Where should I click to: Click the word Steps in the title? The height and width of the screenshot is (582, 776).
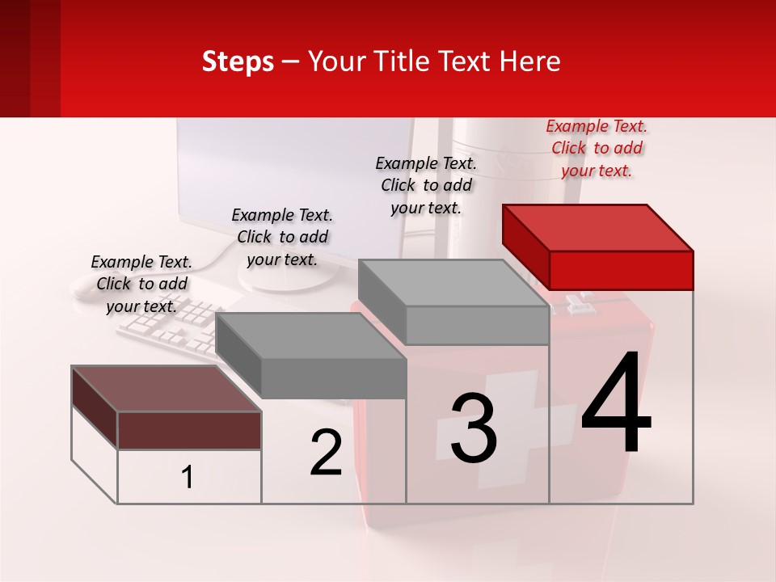pyautogui.click(x=238, y=61)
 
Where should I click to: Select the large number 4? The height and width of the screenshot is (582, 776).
pyautogui.click(x=616, y=404)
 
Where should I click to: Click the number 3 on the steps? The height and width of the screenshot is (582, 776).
pyautogui.click(x=474, y=428)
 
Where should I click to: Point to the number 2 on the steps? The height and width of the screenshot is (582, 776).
pyautogui.click(x=326, y=453)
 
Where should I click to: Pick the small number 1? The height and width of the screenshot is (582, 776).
pyautogui.click(x=188, y=478)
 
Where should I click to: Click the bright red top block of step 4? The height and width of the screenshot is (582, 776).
pyautogui.click(x=598, y=247)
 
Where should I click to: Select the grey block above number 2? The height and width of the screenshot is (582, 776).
pyautogui.click(x=312, y=356)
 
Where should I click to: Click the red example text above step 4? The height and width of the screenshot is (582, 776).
pyautogui.click(x=597, y=148)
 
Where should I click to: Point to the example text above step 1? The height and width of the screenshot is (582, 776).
pyautogui.click(x=141, y=284)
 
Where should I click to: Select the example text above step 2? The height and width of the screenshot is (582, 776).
pyautogui.click(x=282, y=237)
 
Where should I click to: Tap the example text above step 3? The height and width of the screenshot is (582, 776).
pyautogui.click(x=426, y=185)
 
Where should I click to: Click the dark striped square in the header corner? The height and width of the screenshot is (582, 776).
pyautogui.click(x=30, y=58)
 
